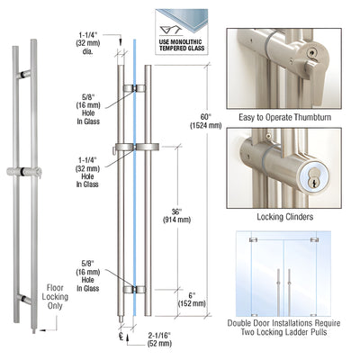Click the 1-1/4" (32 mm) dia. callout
tap(87, 42)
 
